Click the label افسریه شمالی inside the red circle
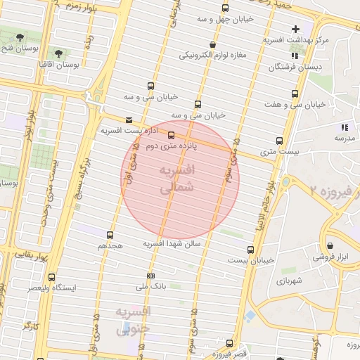[176, 180]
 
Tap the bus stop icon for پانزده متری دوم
[171, 136]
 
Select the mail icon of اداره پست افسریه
[127, 120]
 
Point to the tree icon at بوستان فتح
[24, 37]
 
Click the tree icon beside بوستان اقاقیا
[58, 53]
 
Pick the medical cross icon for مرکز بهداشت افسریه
[295, 29]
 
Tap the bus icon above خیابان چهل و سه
[225, 8]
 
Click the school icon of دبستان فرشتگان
[273, 67]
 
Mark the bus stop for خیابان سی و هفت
[295, 93]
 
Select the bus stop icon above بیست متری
[280, 141]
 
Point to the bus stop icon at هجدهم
[110, 235]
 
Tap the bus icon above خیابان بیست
[250, 249]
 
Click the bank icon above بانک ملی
[150, 276]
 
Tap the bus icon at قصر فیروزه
[229, 343]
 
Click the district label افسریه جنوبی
[134, 320]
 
